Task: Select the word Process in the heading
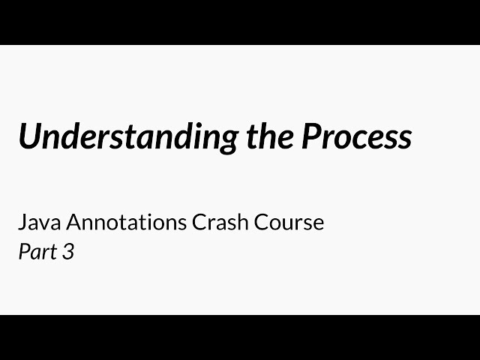pyautogui.click(x=356, y=137)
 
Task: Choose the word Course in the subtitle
pyautogui.click(x=291, y=223)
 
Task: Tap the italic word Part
pyautogui.click(x=37, y=252)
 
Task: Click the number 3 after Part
pyautogui.click(x=68, y=252)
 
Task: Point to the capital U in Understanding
pyautogui.click(x=30, y=137)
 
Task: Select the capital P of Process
pyautogui.click(x=311, y=137)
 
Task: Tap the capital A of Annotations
pyautogui.click(x=73, y=223)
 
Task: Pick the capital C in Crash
pyautogui.click(x=199, y=223)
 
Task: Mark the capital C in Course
pyautogui.click(x=265, y=223)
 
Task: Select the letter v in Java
pyautogui.click(x=45, y=224)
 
